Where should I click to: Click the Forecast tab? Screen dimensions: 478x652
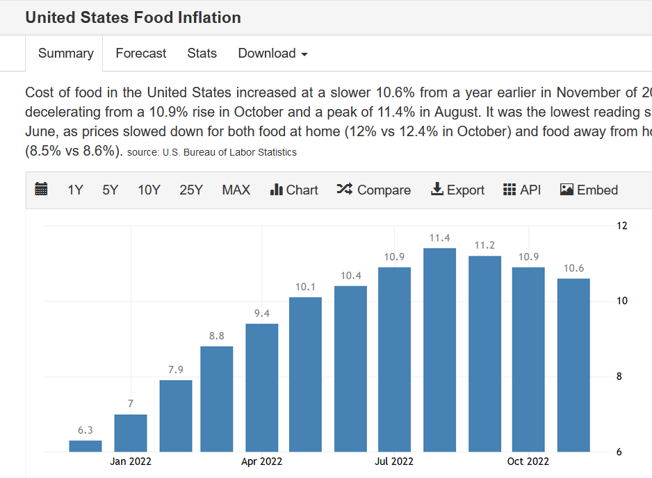[141, 53]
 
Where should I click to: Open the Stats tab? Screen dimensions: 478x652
[202, 53]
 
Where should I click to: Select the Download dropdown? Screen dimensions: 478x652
[272, 53]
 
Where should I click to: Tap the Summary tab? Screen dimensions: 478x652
[65, 53]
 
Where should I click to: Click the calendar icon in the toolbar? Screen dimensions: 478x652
[41, 190]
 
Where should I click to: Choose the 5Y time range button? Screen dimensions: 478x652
[111, 190]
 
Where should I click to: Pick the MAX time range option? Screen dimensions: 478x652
[236, 190]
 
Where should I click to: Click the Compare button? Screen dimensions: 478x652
[374, 190]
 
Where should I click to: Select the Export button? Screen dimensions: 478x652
[457, 190]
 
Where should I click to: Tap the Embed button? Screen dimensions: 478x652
[589, 190]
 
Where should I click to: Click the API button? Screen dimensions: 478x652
[521, 190]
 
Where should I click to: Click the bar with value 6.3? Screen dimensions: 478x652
[85, 446]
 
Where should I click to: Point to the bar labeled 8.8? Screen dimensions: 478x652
[217, 399]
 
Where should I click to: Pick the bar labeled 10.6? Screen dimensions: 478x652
[573, 365]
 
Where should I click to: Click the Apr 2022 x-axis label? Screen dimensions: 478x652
[261, 461]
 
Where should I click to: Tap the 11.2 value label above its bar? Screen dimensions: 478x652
[484, 245]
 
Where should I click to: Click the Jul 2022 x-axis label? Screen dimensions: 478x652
[394, 461]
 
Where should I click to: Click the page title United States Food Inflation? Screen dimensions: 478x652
[133, 17]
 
